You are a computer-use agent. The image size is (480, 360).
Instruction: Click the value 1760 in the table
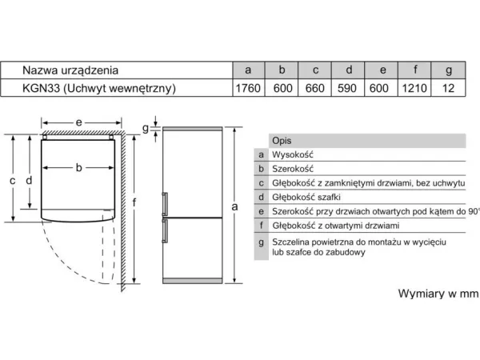click(248, 89)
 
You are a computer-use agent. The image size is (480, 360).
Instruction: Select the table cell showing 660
click(314, 89)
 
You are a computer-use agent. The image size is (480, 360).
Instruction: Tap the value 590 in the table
click(347, 89)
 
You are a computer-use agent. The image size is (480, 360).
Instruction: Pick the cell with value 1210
click(414, 89)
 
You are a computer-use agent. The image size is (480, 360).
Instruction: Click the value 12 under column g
click(448, 89)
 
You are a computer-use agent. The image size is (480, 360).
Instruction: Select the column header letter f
click(415, 70)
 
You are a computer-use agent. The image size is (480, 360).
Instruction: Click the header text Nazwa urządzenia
click(70, 70)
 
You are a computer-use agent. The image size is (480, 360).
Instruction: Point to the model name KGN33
click(41, 88)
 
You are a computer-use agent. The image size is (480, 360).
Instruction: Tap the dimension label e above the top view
click(78, 122)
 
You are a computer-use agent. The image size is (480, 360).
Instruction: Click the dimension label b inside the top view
click(78, 167)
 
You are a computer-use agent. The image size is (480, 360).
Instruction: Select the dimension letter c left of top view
click(12, 181)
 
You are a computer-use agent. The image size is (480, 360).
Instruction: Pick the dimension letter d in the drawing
click(29, 180)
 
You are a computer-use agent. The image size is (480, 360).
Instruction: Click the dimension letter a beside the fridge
click(234, 207)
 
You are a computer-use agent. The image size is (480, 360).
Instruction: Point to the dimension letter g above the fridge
click(146, 129)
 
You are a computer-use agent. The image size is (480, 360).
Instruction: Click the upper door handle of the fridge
click(165, 204)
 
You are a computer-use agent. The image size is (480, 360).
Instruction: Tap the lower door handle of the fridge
click(165, 230)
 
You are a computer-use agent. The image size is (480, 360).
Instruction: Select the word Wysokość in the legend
click(293, 154)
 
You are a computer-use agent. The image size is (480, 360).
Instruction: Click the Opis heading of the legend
click(282, 141)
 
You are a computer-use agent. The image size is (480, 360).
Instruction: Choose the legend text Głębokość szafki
click(306, 197)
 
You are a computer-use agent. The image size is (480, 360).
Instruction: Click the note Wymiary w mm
click(438, 294)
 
